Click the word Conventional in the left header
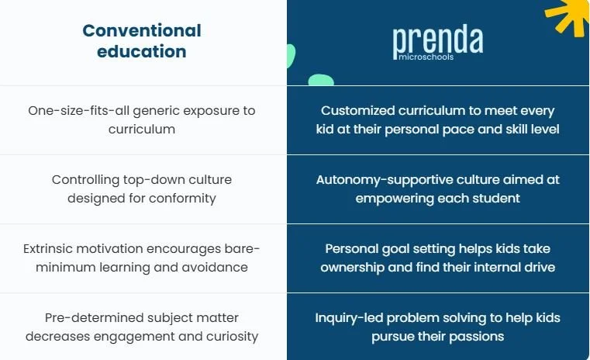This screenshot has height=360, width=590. (142, 31)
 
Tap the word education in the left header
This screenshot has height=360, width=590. (142, 52)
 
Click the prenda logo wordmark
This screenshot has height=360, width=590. (437, 40)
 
